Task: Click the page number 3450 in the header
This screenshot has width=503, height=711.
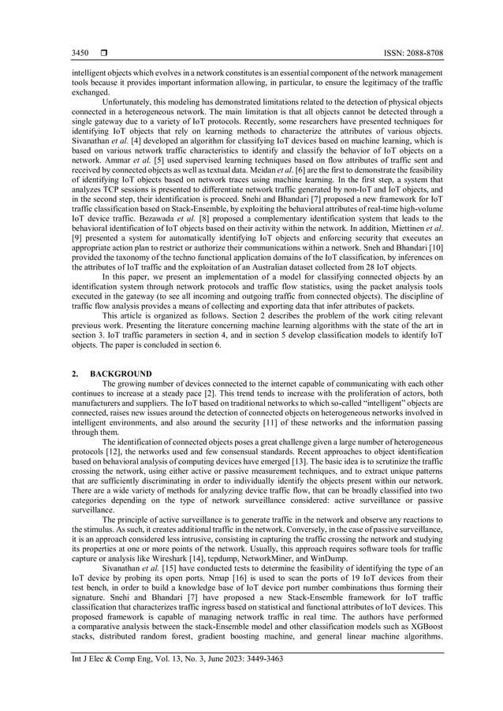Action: pyautogui.click(x=80, y=53)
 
